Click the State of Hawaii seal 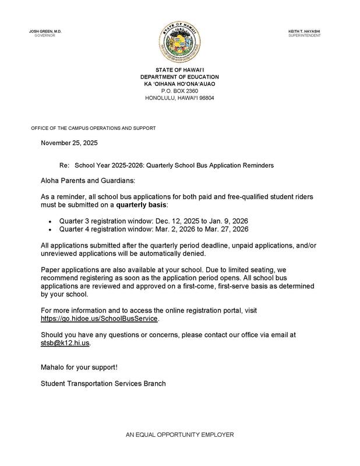coord(179,42)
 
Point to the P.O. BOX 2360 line coord(179,91)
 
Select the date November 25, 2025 coord(69,143)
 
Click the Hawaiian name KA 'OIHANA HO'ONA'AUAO coord(179,84)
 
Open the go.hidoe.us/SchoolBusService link coord(99,319)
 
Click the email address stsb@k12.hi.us coord(65,343)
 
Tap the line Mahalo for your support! coord(79,368)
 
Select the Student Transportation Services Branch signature coord(103,383)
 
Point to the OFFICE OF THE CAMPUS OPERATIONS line coord(93,128)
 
